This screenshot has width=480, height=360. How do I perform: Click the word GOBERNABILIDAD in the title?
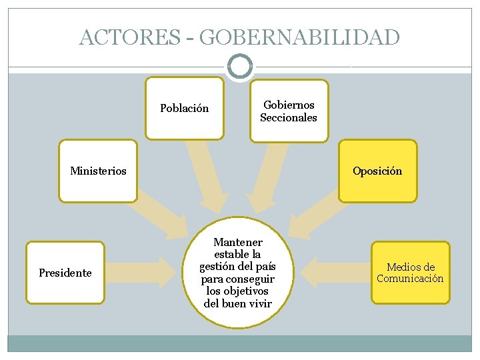click(x=299, y=37)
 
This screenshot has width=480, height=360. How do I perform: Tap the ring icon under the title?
click(x=239, y=66)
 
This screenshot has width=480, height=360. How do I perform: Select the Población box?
click(x=185, y=108)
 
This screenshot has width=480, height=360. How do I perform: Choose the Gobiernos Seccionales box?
click(x=289, y=111)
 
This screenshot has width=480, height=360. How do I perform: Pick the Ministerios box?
click(x=98, y=171)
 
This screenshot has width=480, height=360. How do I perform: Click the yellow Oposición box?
click(x=377, y=171)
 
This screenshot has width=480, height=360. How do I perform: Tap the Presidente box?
click(x=65, y=273)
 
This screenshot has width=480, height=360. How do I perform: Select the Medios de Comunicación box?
click(x=410, y=273)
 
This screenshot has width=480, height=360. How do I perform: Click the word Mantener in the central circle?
click(x=238, y=242)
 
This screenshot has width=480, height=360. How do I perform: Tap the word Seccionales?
click(x=289, y=118)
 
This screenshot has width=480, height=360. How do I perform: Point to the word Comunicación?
click(x=410, y=279)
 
